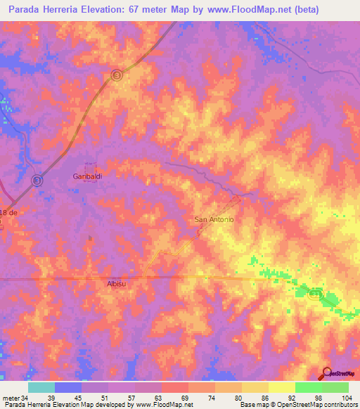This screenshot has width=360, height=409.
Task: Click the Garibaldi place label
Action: (89, 176)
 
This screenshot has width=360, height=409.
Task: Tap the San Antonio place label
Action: (214, 220)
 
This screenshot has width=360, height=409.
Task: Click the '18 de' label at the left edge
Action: (8, 212)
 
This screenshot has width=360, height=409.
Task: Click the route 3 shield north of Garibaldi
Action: (117, 74)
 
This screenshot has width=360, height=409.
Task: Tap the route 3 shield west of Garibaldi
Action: (37, 180)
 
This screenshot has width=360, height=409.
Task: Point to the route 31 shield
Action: (314, 295)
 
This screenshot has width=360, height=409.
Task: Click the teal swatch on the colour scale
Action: (41, 387)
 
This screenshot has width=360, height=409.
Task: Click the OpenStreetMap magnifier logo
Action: (326, 373)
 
